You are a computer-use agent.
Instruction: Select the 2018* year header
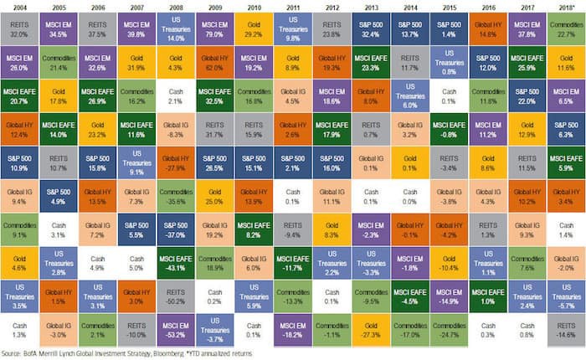pos(564,7)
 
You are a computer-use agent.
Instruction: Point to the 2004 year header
pos(19,7)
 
